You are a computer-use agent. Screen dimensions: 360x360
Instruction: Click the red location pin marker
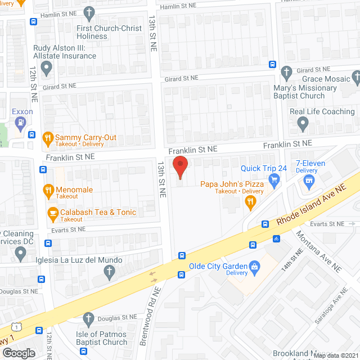(x=179, y=168)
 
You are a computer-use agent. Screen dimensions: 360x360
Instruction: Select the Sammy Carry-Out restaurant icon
(x=47, y=136)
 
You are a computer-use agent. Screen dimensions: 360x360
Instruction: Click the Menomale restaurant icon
(x=47, y=190)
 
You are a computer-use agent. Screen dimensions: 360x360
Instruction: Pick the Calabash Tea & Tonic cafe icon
(x=53, y=213)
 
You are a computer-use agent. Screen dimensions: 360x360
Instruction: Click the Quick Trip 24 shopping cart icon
(x=274, y=179)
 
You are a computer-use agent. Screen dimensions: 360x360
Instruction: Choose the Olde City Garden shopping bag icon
(x=254, y=265)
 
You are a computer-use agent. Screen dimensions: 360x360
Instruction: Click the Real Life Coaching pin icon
(x=303, y=122)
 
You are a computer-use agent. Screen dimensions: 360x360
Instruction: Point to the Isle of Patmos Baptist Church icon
(x=88, y=319)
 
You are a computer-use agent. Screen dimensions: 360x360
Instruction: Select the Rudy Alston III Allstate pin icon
(x=47, y=68)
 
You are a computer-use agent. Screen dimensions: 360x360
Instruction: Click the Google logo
(x=19, y=353)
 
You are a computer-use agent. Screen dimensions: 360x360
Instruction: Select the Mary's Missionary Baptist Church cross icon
(x=287, y=71)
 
